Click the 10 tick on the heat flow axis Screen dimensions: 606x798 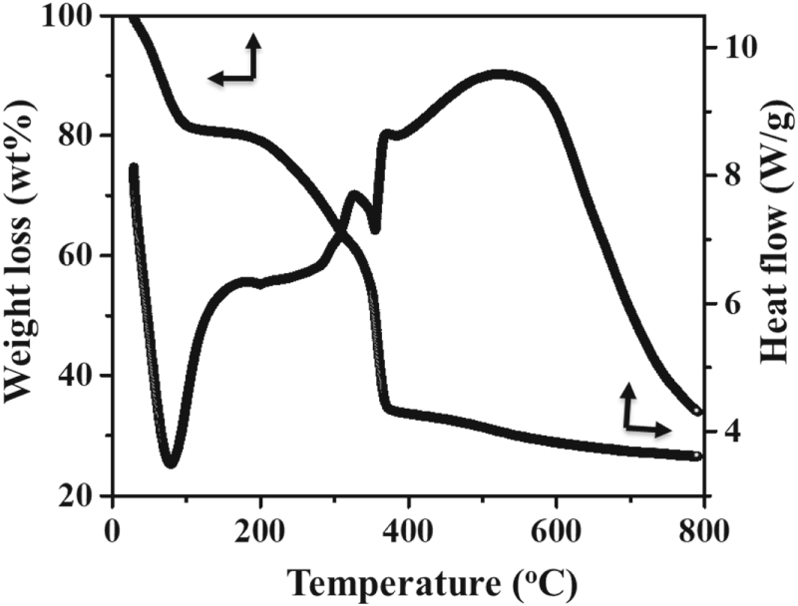730,48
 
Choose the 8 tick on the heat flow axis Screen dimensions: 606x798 724,175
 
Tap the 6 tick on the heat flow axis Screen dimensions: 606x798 724,304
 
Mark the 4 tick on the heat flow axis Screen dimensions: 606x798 724,432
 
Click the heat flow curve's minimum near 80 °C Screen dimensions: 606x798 171,461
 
